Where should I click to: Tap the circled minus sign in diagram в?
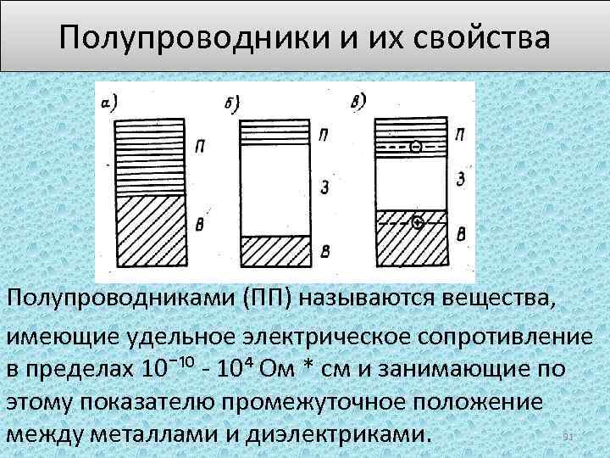(416, 146)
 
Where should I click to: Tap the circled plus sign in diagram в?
(416, 223)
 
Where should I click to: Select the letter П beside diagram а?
(199, 146)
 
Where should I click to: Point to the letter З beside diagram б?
(326, 186)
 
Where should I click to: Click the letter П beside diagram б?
(326, 135)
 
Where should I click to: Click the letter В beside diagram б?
(326, 250)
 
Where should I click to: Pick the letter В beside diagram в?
(460, 233)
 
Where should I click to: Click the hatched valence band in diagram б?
(276, 250)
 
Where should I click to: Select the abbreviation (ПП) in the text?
(269, 299)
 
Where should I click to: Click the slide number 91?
(569, 436)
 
